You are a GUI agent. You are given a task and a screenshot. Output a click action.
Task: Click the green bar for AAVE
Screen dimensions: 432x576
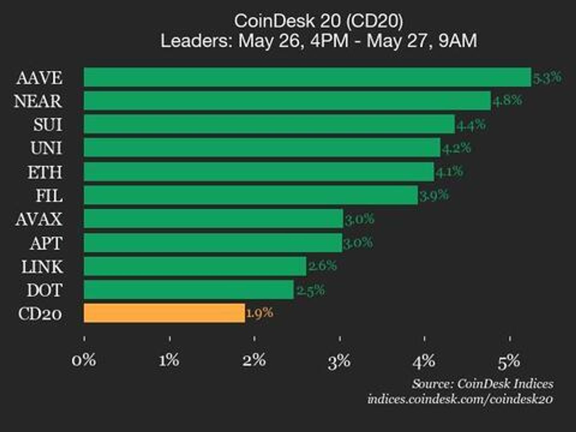click(307, 77)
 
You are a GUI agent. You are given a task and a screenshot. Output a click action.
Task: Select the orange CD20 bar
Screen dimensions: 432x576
click(164, 313)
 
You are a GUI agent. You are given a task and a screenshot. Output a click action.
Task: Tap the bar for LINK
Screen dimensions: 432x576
click(195, 266)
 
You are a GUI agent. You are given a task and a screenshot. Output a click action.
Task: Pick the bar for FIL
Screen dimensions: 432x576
click(251, 195)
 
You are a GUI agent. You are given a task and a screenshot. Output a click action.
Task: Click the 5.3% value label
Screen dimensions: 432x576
click(547, 77)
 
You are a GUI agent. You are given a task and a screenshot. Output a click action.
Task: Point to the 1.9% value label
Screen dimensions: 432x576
click(260, 312)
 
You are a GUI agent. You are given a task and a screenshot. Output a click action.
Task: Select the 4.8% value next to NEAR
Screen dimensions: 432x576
click(507, 100)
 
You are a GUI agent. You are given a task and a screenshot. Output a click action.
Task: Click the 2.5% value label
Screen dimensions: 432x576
click(311, 290)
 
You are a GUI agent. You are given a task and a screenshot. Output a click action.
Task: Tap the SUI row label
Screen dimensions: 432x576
click(48, 124)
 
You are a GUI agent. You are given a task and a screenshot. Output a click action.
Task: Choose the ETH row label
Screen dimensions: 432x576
click(45, 172)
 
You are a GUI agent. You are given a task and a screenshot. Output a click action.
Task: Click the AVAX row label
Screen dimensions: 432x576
click(39, 219)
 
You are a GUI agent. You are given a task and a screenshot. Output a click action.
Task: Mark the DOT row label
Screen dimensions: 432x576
click(44, 290)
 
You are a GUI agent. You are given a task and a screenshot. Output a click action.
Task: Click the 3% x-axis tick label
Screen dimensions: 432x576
click(339, 361)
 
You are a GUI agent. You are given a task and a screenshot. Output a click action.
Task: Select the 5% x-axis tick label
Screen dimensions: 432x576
click(509, 361)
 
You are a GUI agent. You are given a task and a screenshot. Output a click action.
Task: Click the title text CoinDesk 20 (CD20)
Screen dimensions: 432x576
click(318, 21)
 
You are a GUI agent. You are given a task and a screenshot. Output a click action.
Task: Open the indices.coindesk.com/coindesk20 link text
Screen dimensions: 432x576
click(460, 399)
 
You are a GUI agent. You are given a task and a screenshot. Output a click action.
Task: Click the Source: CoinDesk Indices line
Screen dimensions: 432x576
click(482, 384)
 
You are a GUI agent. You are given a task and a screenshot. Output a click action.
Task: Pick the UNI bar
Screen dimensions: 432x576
click(262, 148)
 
